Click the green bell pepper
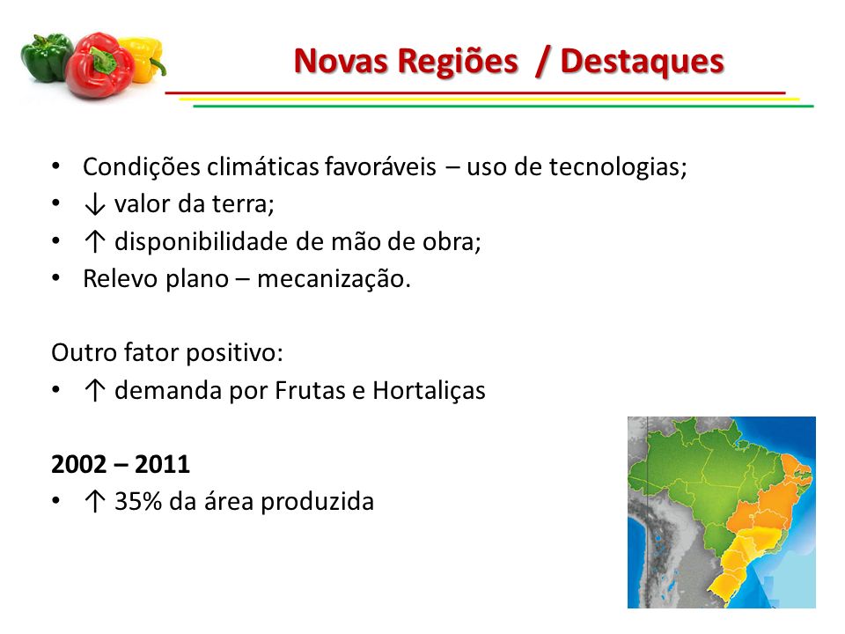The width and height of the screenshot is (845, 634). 47,56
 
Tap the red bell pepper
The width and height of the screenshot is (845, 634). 99,66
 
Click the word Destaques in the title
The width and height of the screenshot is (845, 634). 642,62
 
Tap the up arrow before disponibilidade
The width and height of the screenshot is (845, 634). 95,241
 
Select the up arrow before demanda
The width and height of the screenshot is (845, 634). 95,390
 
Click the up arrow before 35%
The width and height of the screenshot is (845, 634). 95,501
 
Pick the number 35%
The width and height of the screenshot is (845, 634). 138,501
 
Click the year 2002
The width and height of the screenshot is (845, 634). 78,464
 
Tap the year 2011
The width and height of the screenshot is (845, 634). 162,464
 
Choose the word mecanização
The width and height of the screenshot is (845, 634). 334,279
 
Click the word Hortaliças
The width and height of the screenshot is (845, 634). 429,391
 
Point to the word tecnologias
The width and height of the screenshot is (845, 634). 618,167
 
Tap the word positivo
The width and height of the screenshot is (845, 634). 234,354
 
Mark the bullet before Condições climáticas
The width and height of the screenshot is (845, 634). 56,166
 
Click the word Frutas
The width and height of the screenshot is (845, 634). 310,390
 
